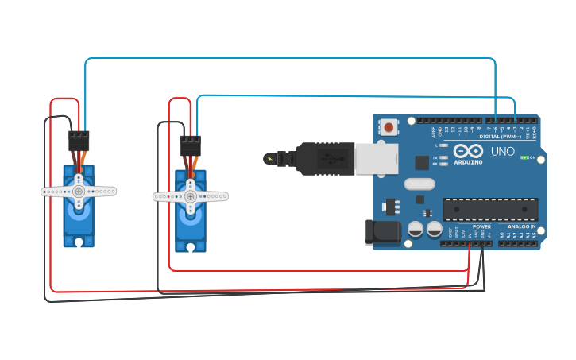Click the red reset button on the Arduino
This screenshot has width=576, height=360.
[389, 127]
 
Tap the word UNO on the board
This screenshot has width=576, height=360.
[504, 151]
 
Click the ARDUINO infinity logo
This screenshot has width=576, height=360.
[468, 151]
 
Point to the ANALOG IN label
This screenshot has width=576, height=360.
[516, 226]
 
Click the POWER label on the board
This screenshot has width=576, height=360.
[481, 226]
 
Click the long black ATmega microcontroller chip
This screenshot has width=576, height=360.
[490, 209]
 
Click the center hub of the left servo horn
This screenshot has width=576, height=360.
[79, 191]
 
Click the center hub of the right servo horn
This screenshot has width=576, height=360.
[191, 196]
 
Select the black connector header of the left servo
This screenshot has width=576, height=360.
[79, 141]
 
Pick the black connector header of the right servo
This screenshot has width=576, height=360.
[190, 145]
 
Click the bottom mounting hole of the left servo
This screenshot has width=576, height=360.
[79, 242]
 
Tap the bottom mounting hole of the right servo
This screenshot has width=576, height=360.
[191, 246]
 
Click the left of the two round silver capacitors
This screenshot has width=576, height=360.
[415, 230]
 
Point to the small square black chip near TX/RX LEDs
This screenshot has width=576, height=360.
[421, 163]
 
